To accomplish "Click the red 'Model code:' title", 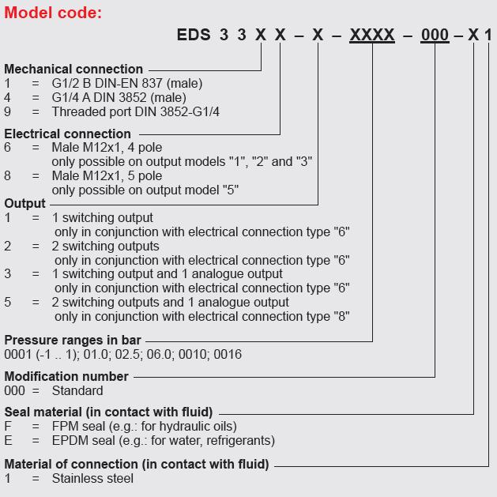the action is [x=53, y=13].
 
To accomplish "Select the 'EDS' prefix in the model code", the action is [x=194, y=34].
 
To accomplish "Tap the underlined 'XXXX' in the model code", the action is [x=372, y=35].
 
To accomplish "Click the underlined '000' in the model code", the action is [x=435, y=35].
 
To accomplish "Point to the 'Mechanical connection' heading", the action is [x=73, y=69].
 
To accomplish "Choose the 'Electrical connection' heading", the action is [x=67, y=134].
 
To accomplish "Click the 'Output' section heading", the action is [x=24, y=204].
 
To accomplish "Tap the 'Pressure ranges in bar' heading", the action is [x=73, y=340].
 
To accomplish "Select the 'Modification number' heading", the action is [x=66, y=376].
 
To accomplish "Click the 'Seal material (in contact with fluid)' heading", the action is [x=108, y=412].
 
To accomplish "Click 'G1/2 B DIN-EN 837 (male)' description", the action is [x=127, y=84].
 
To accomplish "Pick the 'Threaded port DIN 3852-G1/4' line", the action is [x=136, y=111].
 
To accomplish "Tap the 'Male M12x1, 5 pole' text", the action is [x=107, y=175].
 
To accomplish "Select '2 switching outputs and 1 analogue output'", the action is [x=170, y=302].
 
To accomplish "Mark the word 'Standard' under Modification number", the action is [x=77, y=390].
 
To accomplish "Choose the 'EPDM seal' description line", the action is [x=164, y=441].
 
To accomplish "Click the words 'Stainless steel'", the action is [x=92, y=478].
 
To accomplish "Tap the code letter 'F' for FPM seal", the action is [x=8, y=427].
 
